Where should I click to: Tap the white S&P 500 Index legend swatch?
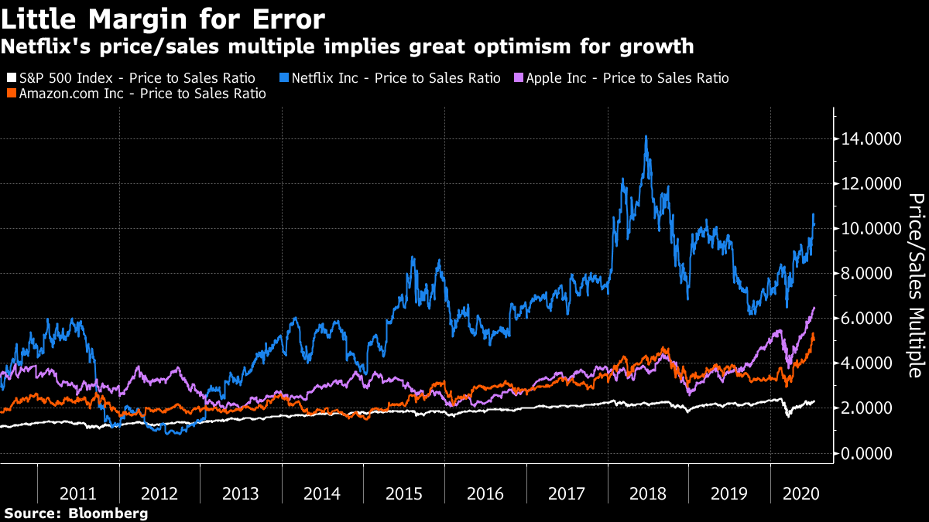pyautogui.click(x=10, y=78)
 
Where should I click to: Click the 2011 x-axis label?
pyautogui.click(x=78, y=493)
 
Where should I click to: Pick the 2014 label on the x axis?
pyautogui.click(x=322, y=493)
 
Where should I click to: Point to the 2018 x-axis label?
pyautogui.click(x=648, y=493)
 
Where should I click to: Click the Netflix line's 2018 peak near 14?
pyautogui.click(x=646, y=137)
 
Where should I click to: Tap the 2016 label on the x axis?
pyautogui.click(x=485, y=493)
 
